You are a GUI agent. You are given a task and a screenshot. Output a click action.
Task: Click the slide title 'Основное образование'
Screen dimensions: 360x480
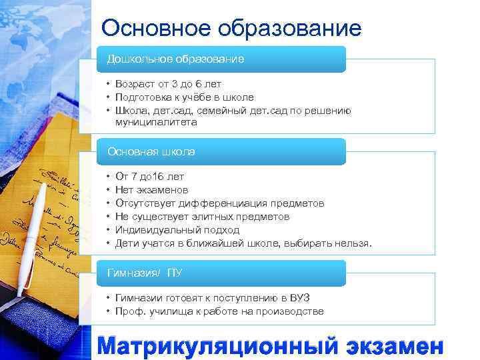click(x=231, y=28)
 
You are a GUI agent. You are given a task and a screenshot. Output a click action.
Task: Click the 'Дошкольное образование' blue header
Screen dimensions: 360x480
click(x=176, y=59)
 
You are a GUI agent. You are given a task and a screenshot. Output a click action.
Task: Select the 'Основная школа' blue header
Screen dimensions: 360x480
click(x=152, y=152)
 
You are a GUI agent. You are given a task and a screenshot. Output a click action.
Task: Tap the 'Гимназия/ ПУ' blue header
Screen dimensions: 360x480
click(x=145, y=273)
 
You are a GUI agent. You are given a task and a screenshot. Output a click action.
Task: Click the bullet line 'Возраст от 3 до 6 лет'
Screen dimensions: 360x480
click(x=168, y=84)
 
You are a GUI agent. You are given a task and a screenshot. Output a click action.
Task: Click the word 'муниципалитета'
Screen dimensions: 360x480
click(x=155, y=123)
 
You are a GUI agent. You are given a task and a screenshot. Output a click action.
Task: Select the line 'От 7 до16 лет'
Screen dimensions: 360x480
click(x=150, y=177)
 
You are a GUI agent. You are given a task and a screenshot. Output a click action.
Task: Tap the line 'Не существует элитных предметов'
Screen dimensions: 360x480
click(x=203, y=217)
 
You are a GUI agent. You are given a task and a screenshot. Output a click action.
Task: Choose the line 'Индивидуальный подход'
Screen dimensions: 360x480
click(x=177, y=230)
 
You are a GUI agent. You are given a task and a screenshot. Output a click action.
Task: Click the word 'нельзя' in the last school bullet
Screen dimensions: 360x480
click(x=353, y=243)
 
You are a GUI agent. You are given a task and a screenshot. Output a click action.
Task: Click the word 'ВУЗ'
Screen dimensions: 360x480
click(x=299, y=298)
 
